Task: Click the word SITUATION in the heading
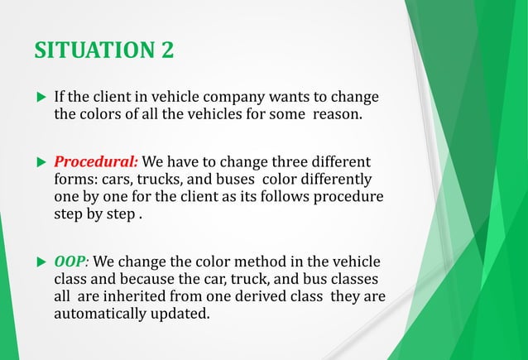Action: pyautogui.click(x=94, y=50)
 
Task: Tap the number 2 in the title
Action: pyautogui.click(x=167, y=50)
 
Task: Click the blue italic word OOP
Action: pyautogui.click(x=70, y=262)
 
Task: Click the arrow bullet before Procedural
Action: pyautogui.click(x=41, y=161)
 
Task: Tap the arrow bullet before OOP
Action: pyautogui.click(x=41, y=263)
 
